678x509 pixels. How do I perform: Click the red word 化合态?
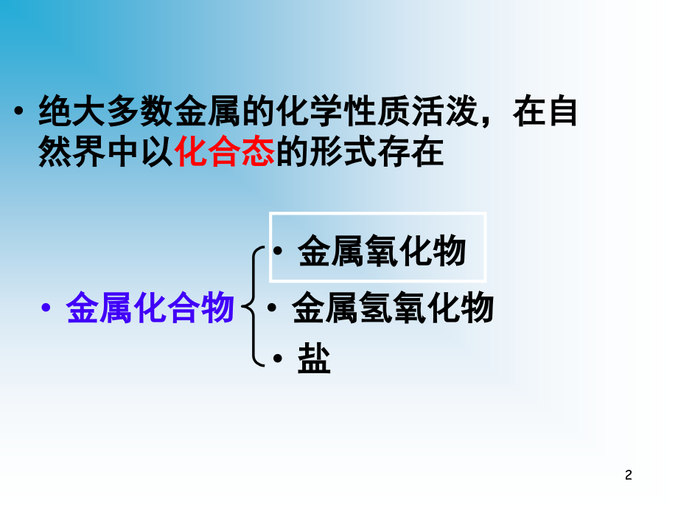225,152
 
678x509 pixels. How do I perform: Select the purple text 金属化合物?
150,308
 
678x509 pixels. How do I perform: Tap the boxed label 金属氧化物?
382,251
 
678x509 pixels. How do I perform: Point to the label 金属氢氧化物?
393,308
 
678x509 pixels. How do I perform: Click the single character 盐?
315,359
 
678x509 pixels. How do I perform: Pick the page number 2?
629,475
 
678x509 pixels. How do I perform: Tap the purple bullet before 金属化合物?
46,308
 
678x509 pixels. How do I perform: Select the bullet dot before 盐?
278,359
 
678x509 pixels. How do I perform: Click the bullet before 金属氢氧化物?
272,308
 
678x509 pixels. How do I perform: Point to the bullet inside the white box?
278,251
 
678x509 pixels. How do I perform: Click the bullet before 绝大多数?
18,111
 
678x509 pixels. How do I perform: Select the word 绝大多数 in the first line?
106,111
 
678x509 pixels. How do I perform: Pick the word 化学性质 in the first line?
344,111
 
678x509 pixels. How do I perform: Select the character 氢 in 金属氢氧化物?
376,308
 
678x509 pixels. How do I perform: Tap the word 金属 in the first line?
208,111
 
